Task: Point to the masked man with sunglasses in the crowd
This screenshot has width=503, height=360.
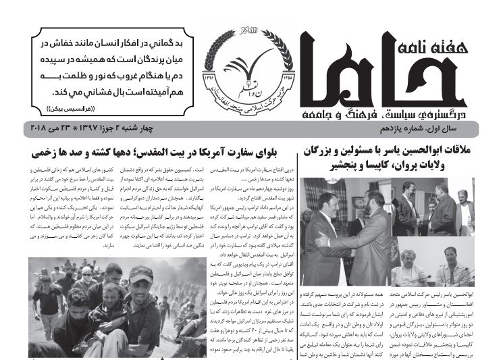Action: click(88, 276)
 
